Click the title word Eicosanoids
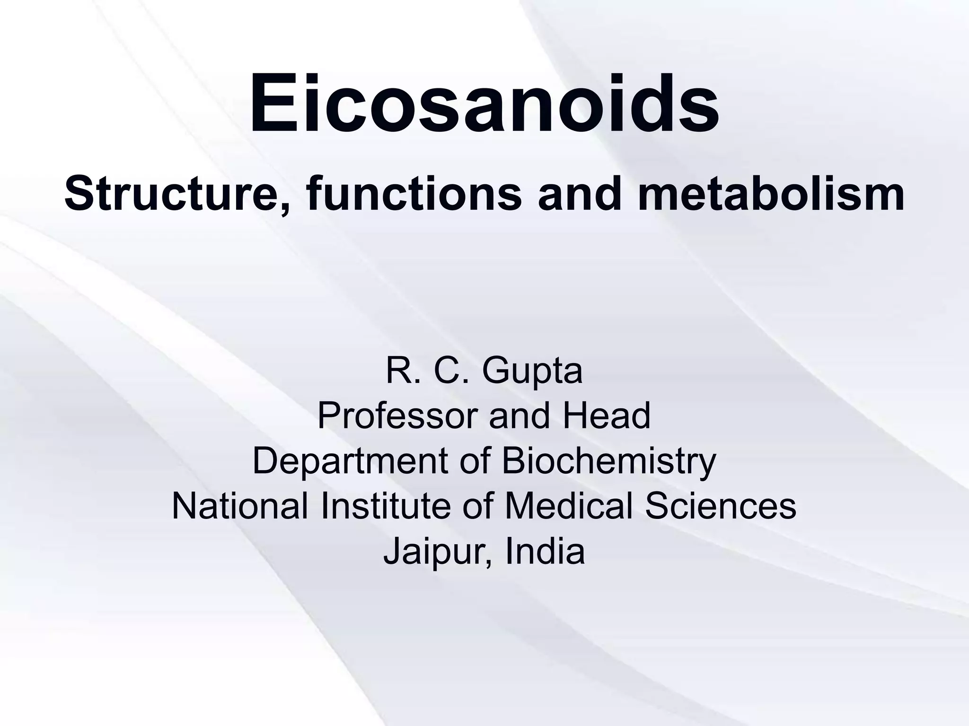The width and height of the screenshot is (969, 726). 484,103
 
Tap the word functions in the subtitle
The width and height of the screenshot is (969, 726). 414,195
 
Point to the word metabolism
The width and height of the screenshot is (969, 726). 771,195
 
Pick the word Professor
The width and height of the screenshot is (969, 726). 398,416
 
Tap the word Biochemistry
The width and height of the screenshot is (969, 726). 608,461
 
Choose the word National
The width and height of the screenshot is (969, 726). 240,506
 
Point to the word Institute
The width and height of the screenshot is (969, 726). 386,506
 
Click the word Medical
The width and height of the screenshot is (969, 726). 569,506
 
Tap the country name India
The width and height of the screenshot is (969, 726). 545,551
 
